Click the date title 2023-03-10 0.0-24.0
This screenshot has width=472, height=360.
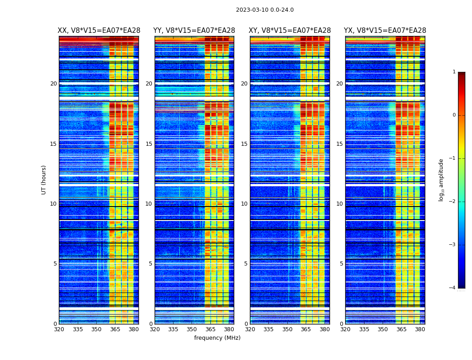pos(265,10)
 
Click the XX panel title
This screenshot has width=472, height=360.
pos(99,31)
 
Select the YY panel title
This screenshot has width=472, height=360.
pos(194,31)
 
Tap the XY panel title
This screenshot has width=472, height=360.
pos(290,31)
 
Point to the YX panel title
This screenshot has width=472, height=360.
pos(385,31)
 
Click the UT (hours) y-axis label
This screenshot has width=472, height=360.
pos(44,180)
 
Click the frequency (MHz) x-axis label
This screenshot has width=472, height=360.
pos(217,338)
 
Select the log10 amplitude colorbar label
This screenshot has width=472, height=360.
pos(441,180)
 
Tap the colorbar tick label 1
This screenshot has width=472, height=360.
pos(454,72)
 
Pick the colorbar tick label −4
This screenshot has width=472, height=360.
pos(453,288)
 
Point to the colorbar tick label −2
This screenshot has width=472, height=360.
pos(453,202)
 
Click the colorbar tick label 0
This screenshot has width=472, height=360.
pos(454,115)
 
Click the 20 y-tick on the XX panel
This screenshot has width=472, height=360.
pos(53,84)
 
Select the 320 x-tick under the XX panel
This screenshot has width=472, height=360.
pos(59,329)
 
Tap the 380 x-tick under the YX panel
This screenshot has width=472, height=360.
pos(420,329)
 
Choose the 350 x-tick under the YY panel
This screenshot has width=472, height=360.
pos(192,329)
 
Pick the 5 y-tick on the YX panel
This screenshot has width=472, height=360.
pos(341,264)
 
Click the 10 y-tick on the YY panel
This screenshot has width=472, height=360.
pos(149,204)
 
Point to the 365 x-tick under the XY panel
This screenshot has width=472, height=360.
pos(306,329)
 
